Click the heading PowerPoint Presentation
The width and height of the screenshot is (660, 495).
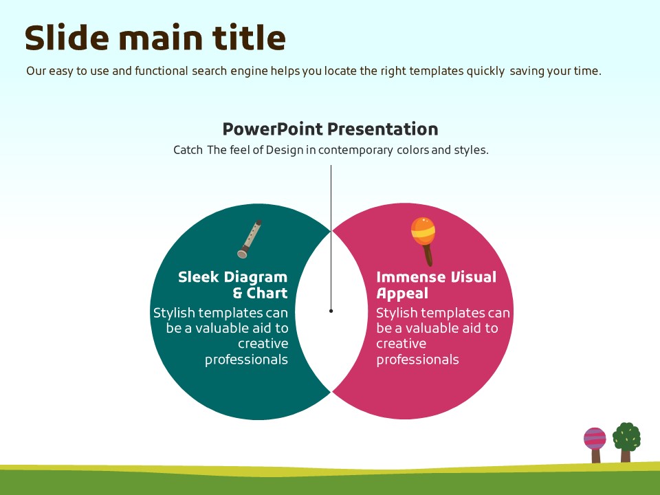(x=331, y=129)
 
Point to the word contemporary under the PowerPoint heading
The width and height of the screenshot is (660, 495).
(x=355, y=151)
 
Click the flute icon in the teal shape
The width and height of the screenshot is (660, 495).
(x=250, y=239)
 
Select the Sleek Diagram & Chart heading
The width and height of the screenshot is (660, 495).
(x=233, y=285)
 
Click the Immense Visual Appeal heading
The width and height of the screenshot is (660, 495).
(x=436, y=285)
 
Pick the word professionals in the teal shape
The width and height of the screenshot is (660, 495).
(x=246, y=360)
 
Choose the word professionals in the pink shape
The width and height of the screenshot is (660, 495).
(x=417, y=360)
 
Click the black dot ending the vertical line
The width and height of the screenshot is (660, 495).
(x=331, y=311)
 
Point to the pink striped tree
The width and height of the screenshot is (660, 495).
(x=595, y=445)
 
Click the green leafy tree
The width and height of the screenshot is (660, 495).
(x=627, y=442)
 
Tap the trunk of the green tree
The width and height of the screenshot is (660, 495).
(x=626, y=456)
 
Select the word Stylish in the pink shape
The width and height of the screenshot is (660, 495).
(x=396, y=313)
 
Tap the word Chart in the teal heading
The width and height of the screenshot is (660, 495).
(x=267, y=293)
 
